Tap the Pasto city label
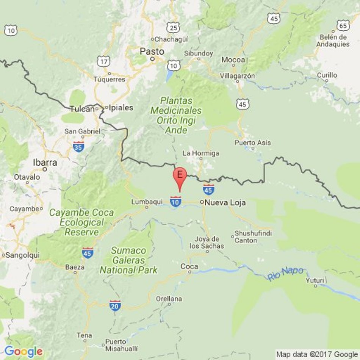click(x=152, y=51)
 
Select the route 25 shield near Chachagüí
click(x=174, y=27)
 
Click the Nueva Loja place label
click(x=225, y=203)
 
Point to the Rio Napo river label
click(x=285, y=274)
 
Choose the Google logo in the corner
click(x=23, y=351)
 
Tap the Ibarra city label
click(x=45, y=163)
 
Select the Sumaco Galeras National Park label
click(x=128, y=260)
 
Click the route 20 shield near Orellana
click(x=115, y=305)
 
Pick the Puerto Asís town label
click(x=253, y=143)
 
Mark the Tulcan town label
click(x=82, y=109)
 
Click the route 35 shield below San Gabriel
click(x=78, y=146)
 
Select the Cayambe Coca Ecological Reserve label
click(x=81, y=222)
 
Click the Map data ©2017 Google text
click(x=317, y=354)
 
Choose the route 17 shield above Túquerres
click(x=103, y=61)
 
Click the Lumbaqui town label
click(x=147, y=202)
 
